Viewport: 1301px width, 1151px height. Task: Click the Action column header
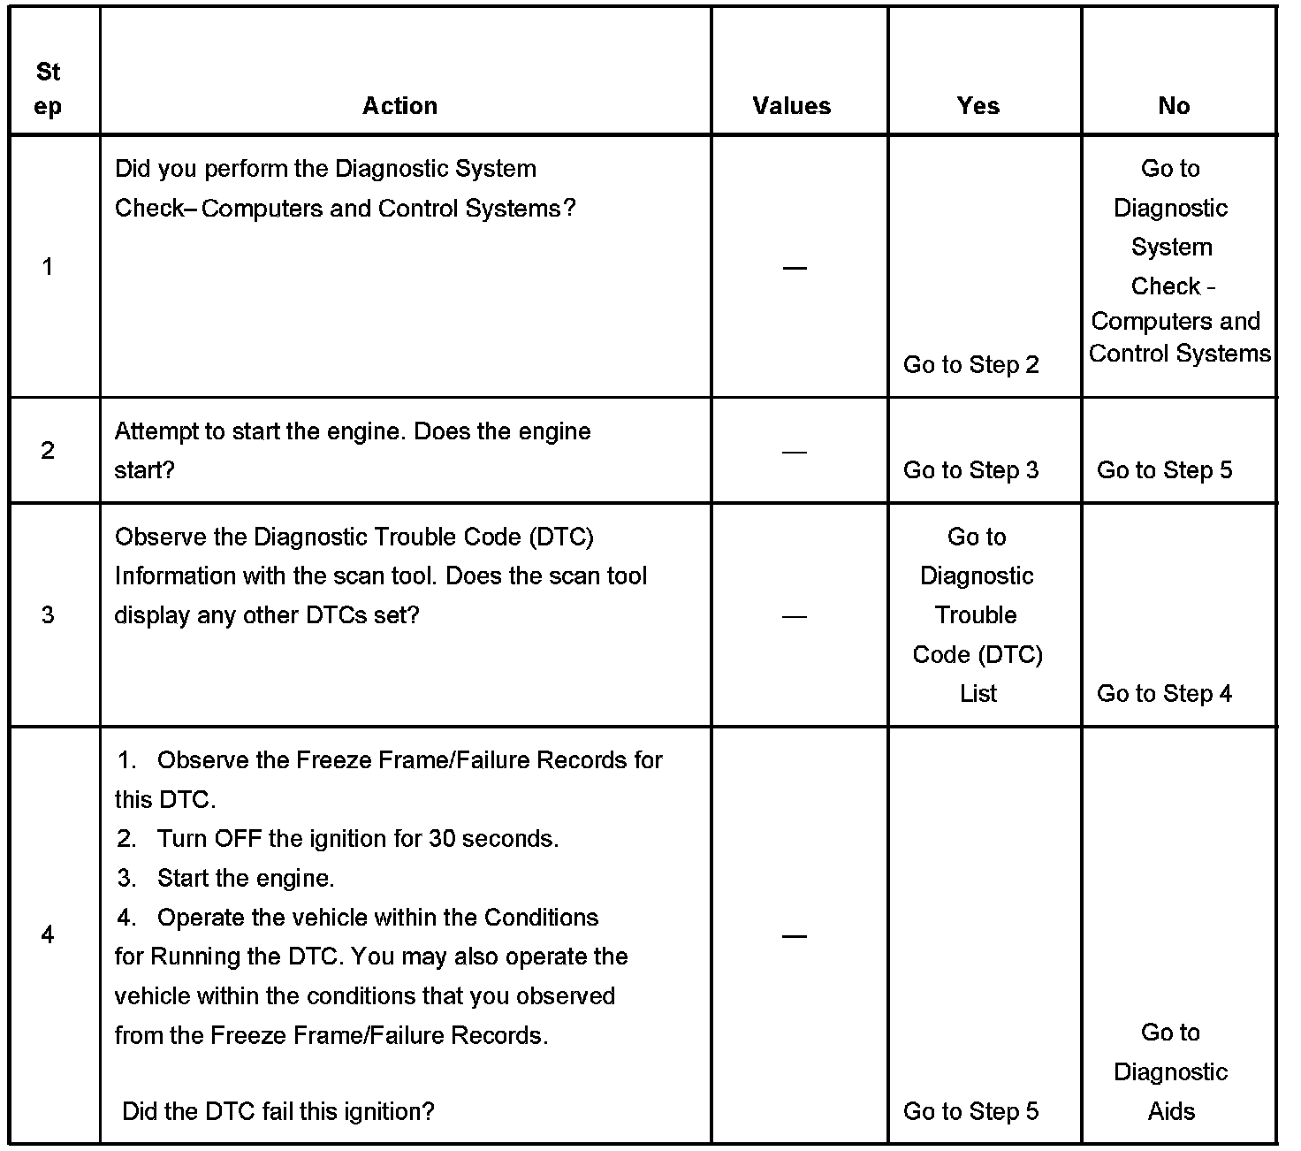[399, 106]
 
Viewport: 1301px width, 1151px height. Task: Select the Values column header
[792, 106]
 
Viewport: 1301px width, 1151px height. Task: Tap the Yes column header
[978, 106]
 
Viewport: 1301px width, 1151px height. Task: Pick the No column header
[1174, 106]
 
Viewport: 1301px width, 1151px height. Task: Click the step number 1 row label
[48, 267]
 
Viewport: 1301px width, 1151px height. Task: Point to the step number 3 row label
[48, 615]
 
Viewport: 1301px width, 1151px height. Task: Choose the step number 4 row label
[48, 935]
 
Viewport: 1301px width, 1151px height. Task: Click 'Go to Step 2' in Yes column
[970, 365]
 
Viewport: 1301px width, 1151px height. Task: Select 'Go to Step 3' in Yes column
[970, 470]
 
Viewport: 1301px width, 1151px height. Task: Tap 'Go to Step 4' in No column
[1164, 694]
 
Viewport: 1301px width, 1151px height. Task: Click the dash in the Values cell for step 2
[795, 453]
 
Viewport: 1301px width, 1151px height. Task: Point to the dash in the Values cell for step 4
[795, 936]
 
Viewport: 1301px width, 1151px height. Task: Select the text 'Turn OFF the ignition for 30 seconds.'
[357, 839]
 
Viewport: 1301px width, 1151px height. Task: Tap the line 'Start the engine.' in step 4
[245, 879]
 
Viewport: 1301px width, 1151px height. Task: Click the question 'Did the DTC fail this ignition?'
[278, 1111]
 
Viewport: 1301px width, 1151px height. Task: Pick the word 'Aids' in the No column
[1171, 1111]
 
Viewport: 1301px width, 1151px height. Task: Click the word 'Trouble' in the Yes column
[976, 615]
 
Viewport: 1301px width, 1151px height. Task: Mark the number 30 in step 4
[442, 839]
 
